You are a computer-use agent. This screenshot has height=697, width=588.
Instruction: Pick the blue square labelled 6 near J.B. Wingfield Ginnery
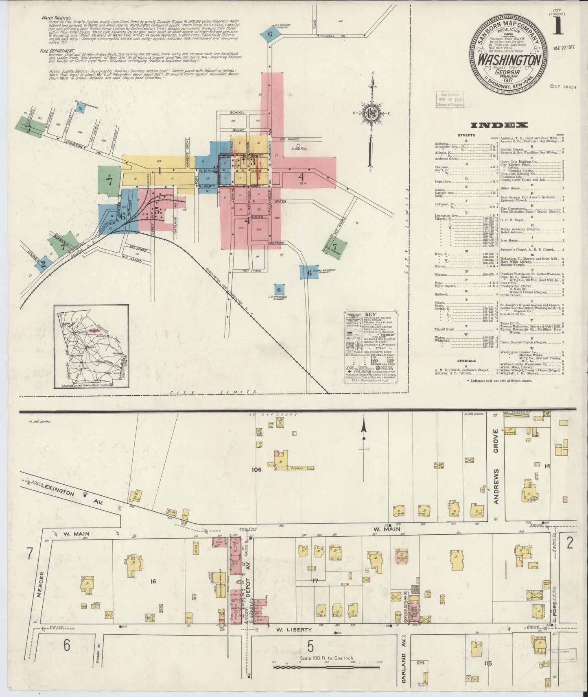[279, 289]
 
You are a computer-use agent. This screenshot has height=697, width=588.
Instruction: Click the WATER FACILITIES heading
[57, 18]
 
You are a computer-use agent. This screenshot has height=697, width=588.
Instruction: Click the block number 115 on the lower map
[489, 664]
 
